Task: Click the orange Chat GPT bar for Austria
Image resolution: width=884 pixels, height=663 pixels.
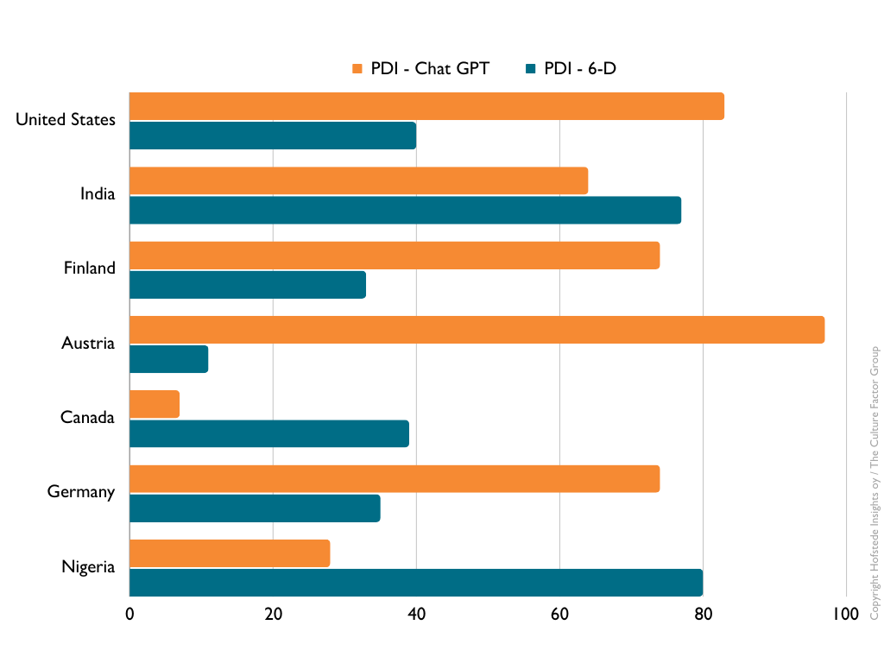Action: [477, 330]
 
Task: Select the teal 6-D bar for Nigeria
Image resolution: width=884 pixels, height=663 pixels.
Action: [415, 583]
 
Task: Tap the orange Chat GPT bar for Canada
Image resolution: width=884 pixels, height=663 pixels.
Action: [155, 404]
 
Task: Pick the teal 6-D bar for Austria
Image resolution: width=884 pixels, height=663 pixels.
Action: [168, 359]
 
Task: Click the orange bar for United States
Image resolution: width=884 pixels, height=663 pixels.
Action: [426, 106]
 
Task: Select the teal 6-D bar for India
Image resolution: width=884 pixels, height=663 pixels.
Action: [405, 210]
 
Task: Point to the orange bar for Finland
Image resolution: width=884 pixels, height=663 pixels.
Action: [395, 256]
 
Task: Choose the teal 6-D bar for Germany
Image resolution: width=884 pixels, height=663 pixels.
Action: [255, 508]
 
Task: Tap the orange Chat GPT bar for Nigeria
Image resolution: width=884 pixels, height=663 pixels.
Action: [230, 553]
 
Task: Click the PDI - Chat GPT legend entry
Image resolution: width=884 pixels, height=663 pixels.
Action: [420, 69]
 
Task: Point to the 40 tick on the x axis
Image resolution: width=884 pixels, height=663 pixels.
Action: [416, 614]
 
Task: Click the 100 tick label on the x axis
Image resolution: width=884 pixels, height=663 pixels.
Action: [845, 614]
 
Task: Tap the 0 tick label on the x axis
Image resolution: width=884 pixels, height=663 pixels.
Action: [129, 614]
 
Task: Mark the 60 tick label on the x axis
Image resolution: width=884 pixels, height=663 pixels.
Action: [559, 614]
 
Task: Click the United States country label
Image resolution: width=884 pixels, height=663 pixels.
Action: [66, 120]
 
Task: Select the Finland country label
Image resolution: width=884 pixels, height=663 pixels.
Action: [89, 268]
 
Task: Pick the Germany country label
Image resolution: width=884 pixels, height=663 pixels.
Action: [81, 492]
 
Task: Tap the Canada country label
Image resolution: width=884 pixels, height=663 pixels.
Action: [87, 418]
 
